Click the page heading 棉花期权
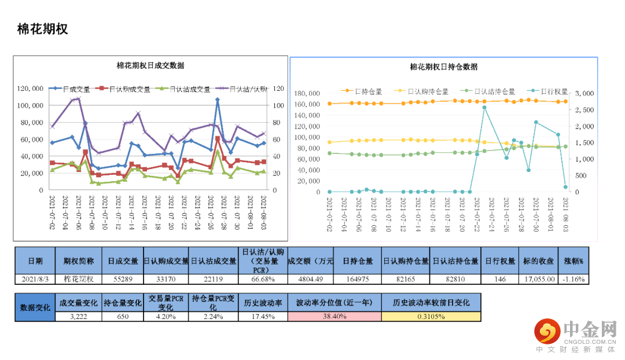[x=43, y=29]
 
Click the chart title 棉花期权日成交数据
[x=150, y=65]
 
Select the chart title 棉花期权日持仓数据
[x=443, y=67]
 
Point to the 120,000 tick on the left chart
[x=30, y=89]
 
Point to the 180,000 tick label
[x=307, y=93]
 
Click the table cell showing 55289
[x=122, y=278]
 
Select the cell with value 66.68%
[x=263, y=278]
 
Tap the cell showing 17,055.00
[x=540, y=278]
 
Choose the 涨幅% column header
[x=573, y=261]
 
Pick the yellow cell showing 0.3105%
[x=431, y=317]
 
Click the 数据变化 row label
[x=35, y=307]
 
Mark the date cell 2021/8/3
[x=35, y=278]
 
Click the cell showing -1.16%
[x=573, y=278]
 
